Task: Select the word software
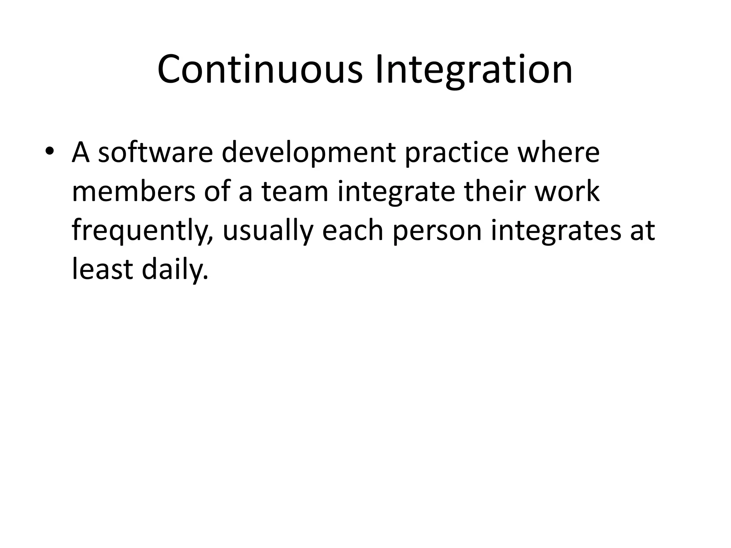click(x=155, y=153)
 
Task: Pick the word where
click(x=559, y=153)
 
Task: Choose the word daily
click(x=175, y=270)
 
